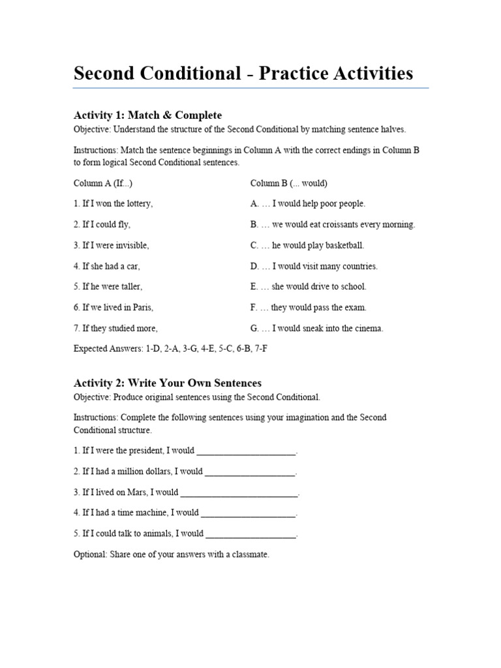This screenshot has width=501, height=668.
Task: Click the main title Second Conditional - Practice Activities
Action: click(243, 73)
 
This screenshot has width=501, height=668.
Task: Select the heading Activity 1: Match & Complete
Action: click(147, 115)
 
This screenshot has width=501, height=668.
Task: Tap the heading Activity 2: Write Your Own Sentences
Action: click(168, 383)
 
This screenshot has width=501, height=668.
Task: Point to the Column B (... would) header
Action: click(289, 183)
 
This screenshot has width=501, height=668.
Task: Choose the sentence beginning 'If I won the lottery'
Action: click(114, 204)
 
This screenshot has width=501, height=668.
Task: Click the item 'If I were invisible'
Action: click(112, 245)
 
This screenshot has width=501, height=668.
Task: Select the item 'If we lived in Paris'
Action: click(114, 307)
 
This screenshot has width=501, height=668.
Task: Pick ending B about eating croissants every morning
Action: click(333, 224)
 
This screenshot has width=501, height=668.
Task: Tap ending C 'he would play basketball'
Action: click(307, 245)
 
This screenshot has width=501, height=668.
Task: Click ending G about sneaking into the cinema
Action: click(317, 328)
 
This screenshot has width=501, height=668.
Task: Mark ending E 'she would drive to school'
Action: click(309, 286)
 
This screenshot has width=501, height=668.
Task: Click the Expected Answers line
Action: click(170, 349)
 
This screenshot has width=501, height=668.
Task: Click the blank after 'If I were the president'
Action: click(246, 451)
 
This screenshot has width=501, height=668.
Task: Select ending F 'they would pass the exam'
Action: click(309, 307)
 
